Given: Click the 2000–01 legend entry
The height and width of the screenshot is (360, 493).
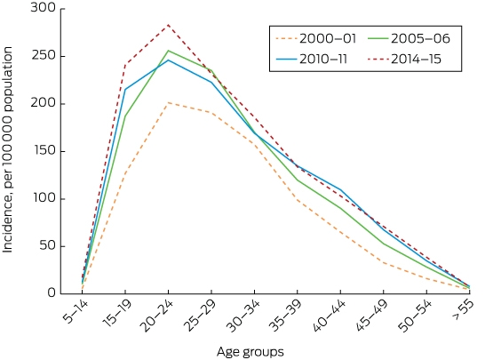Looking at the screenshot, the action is (315, 39).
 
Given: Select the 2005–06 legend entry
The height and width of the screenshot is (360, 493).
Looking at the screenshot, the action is (409, 39).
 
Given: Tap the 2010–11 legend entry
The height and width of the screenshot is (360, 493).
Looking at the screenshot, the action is (312, 59).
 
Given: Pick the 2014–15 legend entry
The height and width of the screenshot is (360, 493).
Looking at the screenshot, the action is (404, 59).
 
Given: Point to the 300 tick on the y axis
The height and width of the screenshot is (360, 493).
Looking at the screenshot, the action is (43, 8).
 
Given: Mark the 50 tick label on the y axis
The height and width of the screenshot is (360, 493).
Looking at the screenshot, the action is (48, 246).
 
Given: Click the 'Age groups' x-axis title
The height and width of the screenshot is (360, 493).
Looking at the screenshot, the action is (250, 352).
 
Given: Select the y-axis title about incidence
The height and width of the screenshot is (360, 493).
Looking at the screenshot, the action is (7, 149).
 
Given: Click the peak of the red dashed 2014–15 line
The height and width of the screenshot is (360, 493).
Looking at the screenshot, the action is (168, 25).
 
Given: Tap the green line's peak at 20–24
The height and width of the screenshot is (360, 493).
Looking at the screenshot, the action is (168, 51).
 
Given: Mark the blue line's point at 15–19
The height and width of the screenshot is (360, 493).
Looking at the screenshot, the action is (125, 90).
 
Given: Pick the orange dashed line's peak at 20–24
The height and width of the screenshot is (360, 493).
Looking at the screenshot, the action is (168, 102).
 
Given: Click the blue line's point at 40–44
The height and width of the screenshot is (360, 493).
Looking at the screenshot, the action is (340, 189).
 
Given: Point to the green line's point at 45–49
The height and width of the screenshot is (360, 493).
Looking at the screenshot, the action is (383, 244).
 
